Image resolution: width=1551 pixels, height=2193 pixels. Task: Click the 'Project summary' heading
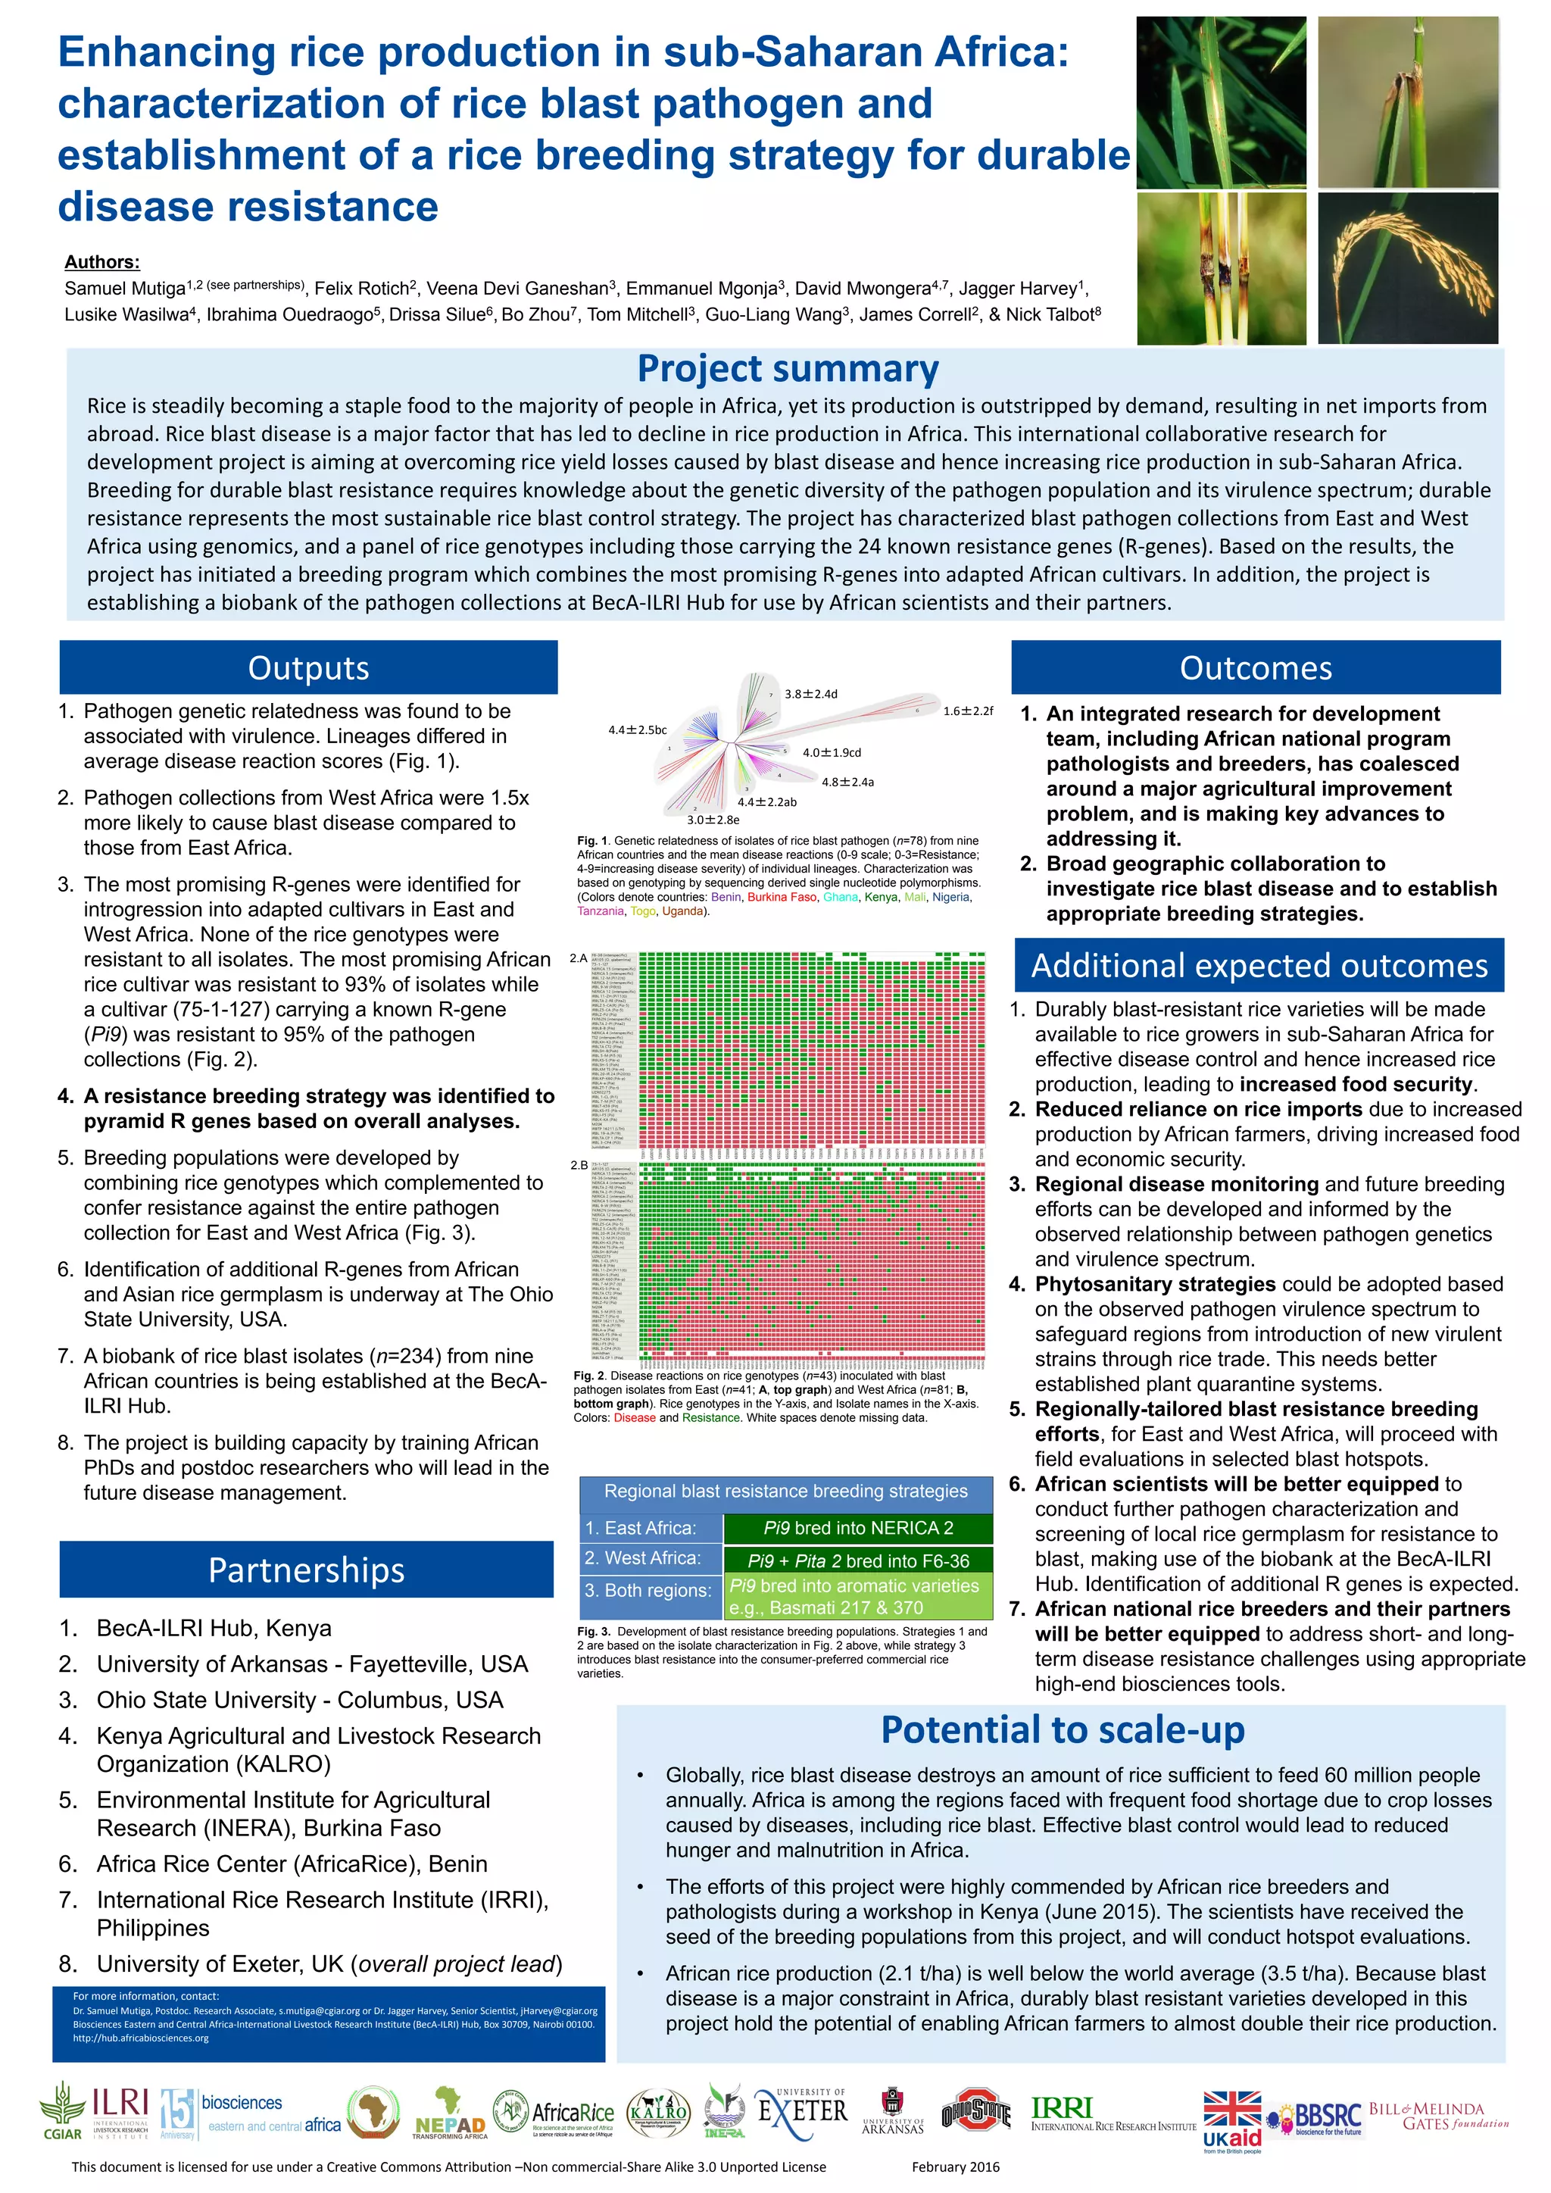787,369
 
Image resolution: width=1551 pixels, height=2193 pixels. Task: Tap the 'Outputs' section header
308,667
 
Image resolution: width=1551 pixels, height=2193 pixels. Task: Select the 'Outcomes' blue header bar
1255,667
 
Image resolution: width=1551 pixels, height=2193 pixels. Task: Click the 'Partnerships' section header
307,1570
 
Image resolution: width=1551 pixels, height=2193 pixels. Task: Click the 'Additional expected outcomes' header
1259,966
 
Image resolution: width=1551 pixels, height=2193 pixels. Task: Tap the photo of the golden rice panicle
1408,268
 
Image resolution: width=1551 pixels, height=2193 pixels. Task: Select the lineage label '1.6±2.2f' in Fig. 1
967,711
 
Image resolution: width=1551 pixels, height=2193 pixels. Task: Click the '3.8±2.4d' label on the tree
811,693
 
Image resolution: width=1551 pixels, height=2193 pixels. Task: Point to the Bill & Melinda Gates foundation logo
1438,2116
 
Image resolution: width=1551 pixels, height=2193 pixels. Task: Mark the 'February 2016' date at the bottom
955,2167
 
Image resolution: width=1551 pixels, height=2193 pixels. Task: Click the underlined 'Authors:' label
102,261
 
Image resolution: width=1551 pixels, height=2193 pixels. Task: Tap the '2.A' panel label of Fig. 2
579,958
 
